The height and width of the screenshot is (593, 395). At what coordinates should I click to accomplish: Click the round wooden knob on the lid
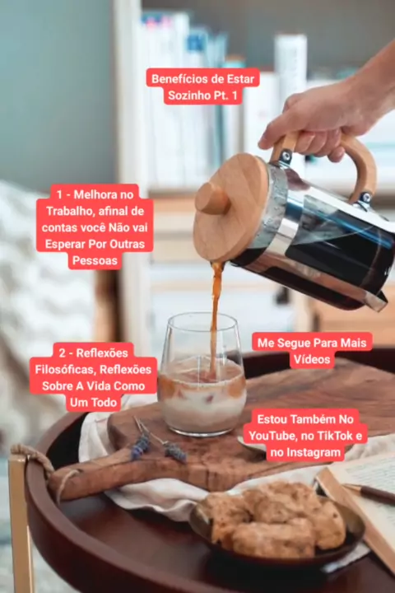(x=212, y=198)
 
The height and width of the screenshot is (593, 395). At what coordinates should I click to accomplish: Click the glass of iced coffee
(x=202, y=375)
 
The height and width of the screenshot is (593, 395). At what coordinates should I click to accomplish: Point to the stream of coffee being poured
(x=216, y=318)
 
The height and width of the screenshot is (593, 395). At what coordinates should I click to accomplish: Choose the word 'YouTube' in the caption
(x=272, y=436)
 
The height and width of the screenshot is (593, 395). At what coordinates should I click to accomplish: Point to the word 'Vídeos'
(x=312, y=359)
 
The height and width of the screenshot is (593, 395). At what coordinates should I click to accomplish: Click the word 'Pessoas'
(x=95, y=260)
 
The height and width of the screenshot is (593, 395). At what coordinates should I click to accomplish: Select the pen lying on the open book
(x=369, y=493)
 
